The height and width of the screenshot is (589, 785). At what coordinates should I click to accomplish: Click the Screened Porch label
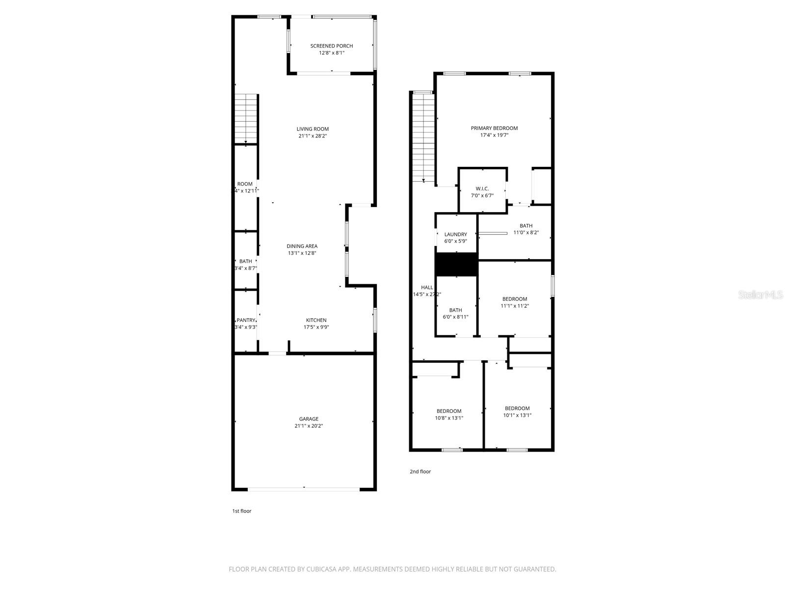pos(331,46)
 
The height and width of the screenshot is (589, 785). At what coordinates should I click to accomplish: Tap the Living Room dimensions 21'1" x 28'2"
pos(313,136)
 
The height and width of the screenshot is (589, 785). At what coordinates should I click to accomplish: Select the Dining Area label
pos(302,246)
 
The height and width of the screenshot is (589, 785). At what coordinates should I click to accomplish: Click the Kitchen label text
pos(316,320)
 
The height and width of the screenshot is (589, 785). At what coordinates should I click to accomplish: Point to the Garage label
pos(309,419)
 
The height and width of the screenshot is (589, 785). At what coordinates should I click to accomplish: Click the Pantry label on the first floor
pos(246,320)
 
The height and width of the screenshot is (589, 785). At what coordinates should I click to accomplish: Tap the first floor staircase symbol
pos(246,118)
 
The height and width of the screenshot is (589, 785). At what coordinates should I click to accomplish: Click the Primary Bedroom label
pos(494,128)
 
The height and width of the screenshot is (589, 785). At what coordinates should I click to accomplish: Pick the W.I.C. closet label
pos(482,188)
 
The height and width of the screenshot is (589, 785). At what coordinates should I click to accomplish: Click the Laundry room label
pos(455,234)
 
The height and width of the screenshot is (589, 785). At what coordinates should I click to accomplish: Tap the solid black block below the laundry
pos(456,265)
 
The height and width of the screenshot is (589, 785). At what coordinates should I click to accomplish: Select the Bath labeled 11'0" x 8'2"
pos(526,229)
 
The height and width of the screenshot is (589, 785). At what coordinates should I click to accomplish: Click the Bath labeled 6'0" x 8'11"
pos(455,313)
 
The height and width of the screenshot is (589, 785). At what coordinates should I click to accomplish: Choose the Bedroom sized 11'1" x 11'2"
pos(515,302)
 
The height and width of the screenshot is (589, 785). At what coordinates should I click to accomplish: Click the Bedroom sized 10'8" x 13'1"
pos(449,414)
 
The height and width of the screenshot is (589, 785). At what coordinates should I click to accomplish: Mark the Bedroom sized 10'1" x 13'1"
pos(517,411)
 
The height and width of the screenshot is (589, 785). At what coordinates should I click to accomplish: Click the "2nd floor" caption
pos(420,471)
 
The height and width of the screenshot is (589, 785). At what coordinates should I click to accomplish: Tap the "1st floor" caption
pos(241,511)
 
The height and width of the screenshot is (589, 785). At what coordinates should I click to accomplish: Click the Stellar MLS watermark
pos(760,294)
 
